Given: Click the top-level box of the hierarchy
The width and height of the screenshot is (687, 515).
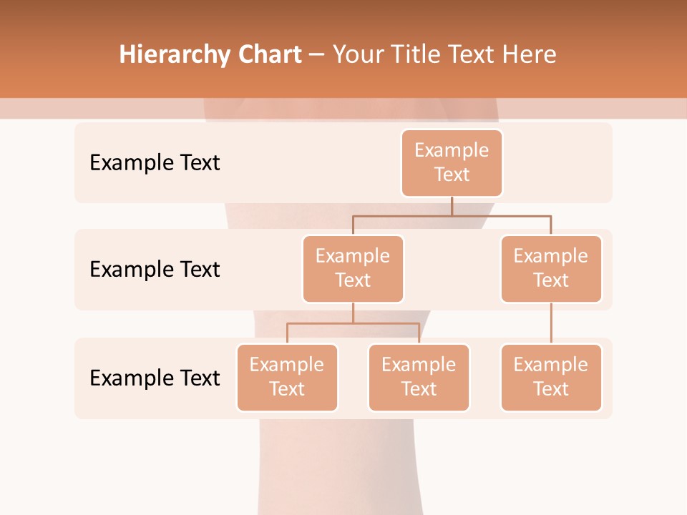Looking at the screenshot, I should pyautogui.click(x=452, y=162).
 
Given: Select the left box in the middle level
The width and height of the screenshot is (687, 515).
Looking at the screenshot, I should pyautogui.click(x=353, y=268).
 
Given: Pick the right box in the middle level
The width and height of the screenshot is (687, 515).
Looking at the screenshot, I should pyautogui.click(x=551, y=268).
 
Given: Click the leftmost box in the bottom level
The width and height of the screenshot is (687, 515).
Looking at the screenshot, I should pyautogui.click(x=287, y=377).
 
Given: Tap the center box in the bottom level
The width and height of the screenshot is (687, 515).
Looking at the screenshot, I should pyautogui.click(x=419, y=377).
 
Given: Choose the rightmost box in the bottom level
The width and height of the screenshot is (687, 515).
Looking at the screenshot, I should pyautogui.click(x=551, y=377).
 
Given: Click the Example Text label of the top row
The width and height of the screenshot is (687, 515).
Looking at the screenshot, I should pyautogui.click(x=155, y=162).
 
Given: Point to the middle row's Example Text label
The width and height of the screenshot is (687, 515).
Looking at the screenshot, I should pyautogui.click(x=155, y=269).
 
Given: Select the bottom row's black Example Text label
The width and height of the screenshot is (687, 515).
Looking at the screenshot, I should pyautogui.click(x=155, y=378).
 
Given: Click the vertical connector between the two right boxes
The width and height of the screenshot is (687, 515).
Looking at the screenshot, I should pyautogui.click(x=551, y=323).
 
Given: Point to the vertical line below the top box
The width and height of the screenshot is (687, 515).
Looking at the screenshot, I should pyautogui.click(x=452, y=206).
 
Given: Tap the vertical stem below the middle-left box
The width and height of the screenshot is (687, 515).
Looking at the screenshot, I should pyautogui.click(x=353, y=313).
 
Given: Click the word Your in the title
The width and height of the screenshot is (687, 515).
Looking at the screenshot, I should pyautogui.click(x=356, y=55).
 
